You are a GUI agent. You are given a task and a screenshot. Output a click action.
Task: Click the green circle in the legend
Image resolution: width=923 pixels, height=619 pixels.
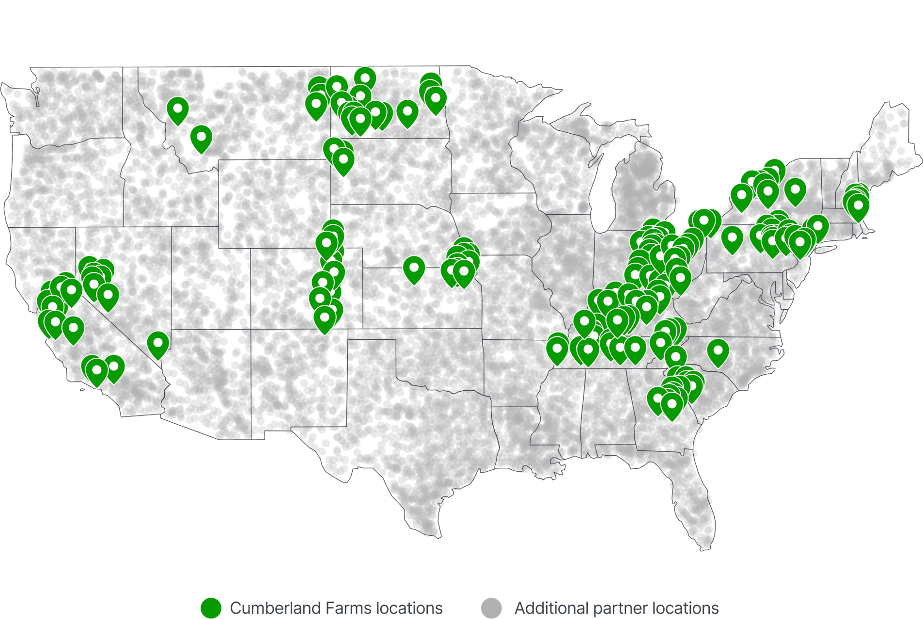click(211, 608)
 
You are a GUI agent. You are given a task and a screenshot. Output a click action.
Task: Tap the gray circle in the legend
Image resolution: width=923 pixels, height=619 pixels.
click(491, 608)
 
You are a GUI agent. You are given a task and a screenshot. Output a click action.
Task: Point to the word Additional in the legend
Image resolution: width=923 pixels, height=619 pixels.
click(551, 608)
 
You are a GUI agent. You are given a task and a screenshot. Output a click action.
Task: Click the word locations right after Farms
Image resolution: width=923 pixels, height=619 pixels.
click(409, 608)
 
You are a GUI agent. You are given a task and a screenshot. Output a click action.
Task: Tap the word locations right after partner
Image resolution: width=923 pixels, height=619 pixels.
click(686, 608)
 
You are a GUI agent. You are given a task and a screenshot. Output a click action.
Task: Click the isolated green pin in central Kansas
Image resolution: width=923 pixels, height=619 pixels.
click(414, 269)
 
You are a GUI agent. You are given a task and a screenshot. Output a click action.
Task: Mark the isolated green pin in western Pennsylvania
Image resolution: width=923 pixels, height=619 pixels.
click(732, 239)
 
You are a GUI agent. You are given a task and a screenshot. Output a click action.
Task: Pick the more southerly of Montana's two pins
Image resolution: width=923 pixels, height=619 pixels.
click(201, 138)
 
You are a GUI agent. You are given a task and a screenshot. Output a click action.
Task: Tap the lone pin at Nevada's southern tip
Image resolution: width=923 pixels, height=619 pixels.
click(157, 344)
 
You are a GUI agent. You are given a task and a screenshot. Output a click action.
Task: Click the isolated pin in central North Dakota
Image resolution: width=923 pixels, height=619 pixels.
click(407, 113)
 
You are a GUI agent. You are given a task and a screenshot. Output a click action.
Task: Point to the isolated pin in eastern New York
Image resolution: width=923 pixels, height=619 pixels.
click(795, 190)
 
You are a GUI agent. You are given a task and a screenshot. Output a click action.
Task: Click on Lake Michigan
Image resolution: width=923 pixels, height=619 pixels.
click(603, 194)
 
